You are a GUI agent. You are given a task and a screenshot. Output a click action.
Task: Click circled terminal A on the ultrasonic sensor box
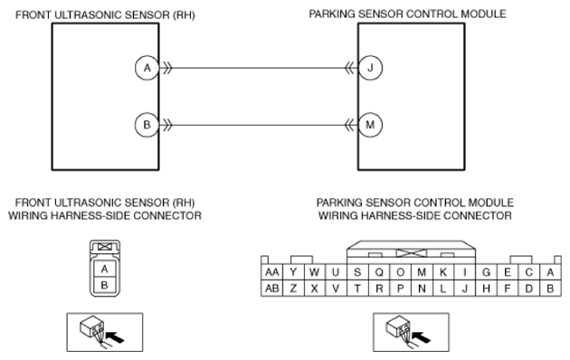pyautogui.click(x=147, y=68)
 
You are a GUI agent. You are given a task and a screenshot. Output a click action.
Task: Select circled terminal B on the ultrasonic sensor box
pyautogui.click(x=147, y=125)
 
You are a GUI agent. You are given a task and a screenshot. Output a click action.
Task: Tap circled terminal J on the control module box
pyautogui.click(x=370, y=68)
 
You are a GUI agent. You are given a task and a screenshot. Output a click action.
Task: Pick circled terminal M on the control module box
pyautogui.click(x=370, y=125)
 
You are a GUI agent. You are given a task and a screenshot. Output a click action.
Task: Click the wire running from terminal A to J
pyautogui.click(x=259, y=68)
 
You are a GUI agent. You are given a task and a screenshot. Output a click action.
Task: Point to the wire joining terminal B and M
pyautogui.click(x=259, y=125)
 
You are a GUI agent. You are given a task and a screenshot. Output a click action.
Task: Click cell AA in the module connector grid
pyautogui.click(x=272, y=272)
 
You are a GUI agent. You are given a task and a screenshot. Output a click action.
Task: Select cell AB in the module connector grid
pyautogui.click(x=272, y=289)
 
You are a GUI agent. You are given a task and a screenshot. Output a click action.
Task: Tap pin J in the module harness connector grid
pyautogui.click(x=464, y=289)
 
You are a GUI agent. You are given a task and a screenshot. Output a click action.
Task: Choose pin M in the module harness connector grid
pyautogui.click(x=422, y=272)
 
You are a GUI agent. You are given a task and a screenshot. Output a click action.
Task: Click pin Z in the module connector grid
pyautogui.click(x=293, y=289)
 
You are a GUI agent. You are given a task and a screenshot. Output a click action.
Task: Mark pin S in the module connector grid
pyautogui.click(x=357, y=272)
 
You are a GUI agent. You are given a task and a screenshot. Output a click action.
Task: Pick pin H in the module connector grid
pyautogui.click(x=486, y=289)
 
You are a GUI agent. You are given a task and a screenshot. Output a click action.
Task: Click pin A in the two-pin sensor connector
pyautogui.click(x=105, y=269)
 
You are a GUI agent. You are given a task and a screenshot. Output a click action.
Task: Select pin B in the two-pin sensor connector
pyautogui.click(x=105, y=285)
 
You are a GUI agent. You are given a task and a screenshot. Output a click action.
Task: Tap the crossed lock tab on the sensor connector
pyautogui.click(x=105, y=247)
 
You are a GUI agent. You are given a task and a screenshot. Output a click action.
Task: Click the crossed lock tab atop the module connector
pyautogui.click(x=411, y=253)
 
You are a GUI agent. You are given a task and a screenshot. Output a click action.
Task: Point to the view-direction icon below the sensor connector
pyautogui.click(x=105, y=332)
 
